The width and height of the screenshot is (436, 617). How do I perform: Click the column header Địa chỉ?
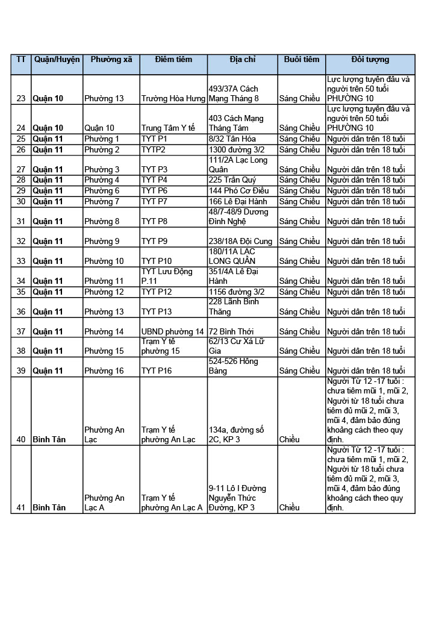pos(242,60)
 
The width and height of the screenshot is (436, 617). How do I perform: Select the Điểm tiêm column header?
pos(173,60)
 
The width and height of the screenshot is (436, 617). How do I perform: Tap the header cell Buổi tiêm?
pos(301,60)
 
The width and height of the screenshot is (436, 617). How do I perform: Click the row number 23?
pos(21,98)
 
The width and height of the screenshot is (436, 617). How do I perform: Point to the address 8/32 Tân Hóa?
pos(231,139)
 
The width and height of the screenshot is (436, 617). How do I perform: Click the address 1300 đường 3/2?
pos(236,150)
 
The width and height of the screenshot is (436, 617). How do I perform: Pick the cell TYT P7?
pos(154,202)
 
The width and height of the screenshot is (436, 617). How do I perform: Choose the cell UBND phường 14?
pos(172,332)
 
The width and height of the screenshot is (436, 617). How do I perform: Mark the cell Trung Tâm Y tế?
pos(168,128)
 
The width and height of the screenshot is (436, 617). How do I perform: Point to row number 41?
pos(21,508)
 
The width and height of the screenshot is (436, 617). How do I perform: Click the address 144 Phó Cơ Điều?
pos(238,191)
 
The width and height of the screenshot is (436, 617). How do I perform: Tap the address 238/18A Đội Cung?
pos(240,242)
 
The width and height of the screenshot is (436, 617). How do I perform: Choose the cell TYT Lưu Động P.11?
pos(167,276)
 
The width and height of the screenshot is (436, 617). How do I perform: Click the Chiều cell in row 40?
pos(290,440)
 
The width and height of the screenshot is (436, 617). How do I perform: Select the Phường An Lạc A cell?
pos(104,503)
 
